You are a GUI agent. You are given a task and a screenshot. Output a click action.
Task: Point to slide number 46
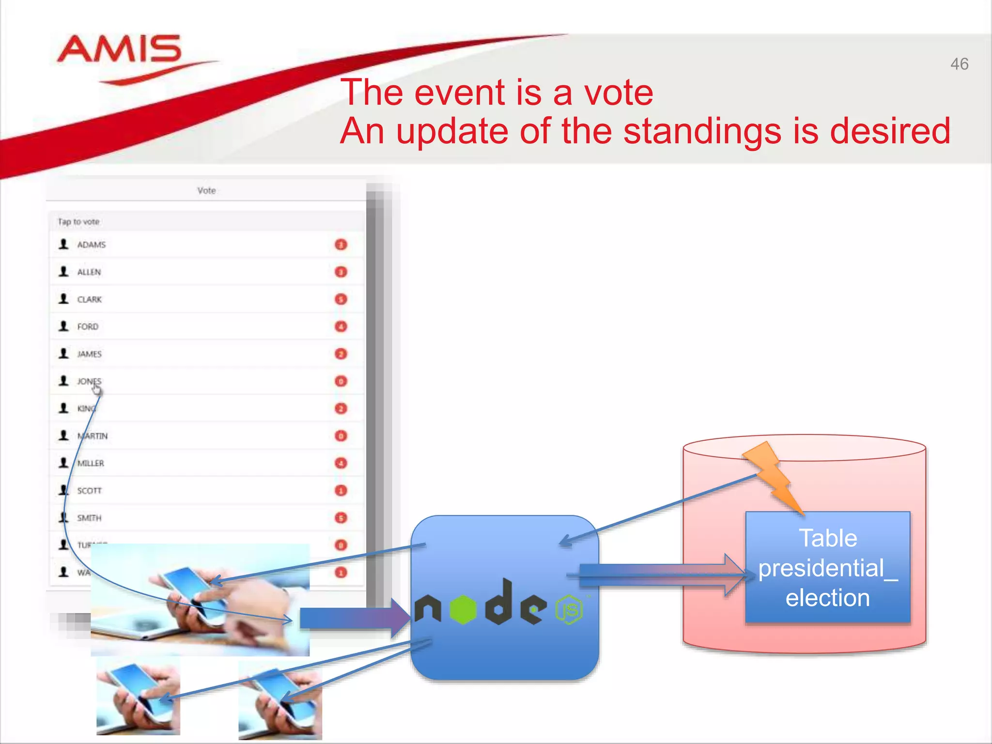tap(959, 64)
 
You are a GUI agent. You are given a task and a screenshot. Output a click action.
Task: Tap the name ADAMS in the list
tap(91, 245)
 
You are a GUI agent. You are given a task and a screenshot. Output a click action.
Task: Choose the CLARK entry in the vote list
tap(90, 299)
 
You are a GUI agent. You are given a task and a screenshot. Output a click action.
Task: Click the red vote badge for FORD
tap(341, 326)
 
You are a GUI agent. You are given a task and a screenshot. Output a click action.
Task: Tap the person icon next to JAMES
tap(63, 354)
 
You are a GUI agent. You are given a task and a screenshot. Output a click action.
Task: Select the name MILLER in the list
tap(91, 463)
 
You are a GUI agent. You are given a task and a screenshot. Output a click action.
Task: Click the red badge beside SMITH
tap(341, 518)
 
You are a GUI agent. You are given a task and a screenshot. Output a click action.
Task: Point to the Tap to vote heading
tap(78, 222)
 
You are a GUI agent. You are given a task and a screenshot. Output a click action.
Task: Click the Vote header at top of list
tap(206, 190)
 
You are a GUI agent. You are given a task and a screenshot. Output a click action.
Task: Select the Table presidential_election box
tap(827, 567)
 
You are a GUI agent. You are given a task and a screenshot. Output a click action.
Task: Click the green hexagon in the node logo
tap(464, 609)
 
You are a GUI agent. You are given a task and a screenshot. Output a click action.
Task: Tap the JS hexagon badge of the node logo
tap(569, 609)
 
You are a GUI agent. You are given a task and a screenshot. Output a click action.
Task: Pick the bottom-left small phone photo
tap(138, 696)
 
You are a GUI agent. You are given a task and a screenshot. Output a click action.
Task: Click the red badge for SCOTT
tap(341, 491)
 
